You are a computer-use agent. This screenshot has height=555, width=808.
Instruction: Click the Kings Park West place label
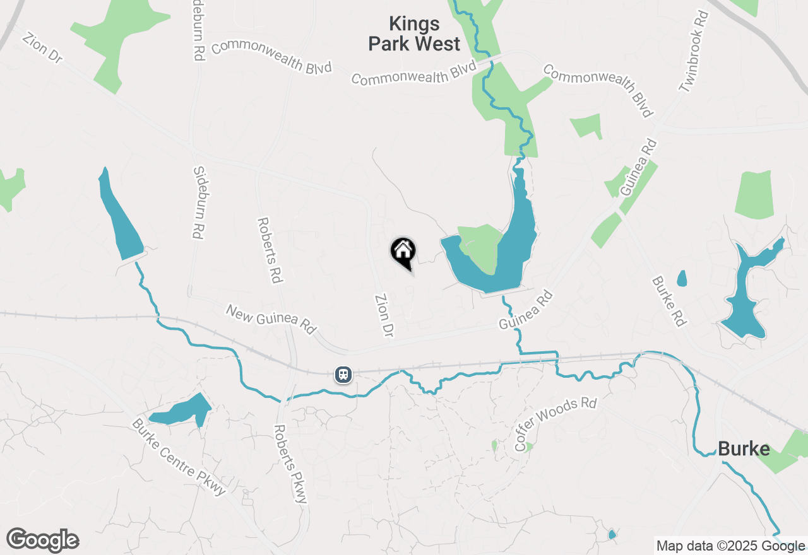click(x=414, y=34)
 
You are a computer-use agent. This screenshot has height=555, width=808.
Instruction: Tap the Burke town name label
click(x=744, y=449)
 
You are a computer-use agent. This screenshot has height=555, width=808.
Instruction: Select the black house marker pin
click(x=403, y=252)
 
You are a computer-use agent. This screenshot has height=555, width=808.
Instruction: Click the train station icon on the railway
click(x=343, y=375)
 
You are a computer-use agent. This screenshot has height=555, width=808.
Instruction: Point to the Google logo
click(x=42, y=540)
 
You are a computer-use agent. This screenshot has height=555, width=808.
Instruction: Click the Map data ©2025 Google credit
click(x=730, y=546)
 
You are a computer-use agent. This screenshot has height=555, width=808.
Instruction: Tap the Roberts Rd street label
click(x=269, y=250)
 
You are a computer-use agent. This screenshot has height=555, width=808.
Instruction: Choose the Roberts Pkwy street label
click(x=290, y=464)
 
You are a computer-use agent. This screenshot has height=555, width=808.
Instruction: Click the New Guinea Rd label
click(x=271, y=319)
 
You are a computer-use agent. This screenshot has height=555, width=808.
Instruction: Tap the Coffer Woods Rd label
click(x=555, y=424)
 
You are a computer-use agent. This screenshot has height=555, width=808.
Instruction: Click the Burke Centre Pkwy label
click(x=179, y=457)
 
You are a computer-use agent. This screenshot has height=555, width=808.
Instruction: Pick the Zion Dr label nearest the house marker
click(x=384, y=315)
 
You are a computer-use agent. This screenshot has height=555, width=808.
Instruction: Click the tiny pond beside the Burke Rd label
click(x=682, y=278)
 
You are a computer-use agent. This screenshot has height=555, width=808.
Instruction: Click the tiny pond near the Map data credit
click(x=612, y=535)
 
